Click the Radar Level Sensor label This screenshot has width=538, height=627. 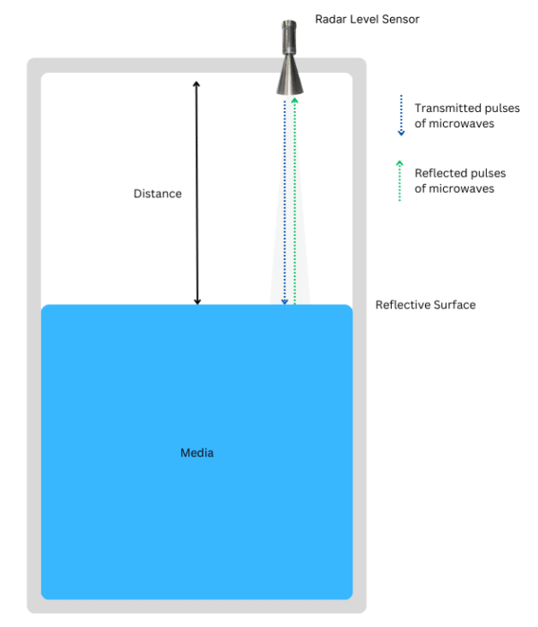[x=367, y=19]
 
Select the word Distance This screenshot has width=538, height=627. [x=158, y=194]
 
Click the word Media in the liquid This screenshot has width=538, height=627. [x=197, y=453]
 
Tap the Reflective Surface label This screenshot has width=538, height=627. [x=425, y=305]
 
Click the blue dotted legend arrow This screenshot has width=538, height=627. [x=401, y=115]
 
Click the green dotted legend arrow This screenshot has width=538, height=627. [x=401, y=180]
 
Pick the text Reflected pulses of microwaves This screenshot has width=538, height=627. [x=460, y=180]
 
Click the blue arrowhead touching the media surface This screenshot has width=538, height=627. [x=284, y=301]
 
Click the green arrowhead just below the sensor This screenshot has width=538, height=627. [x=294, y=100]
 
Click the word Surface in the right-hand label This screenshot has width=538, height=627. [x=454, y=305]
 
